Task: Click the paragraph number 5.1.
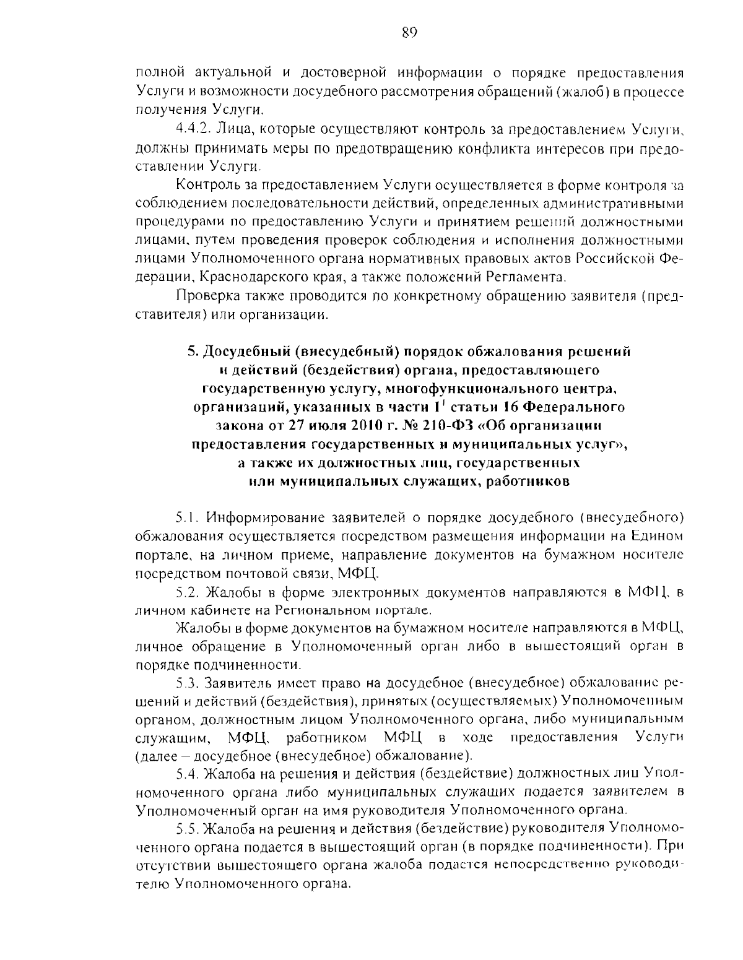186,517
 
